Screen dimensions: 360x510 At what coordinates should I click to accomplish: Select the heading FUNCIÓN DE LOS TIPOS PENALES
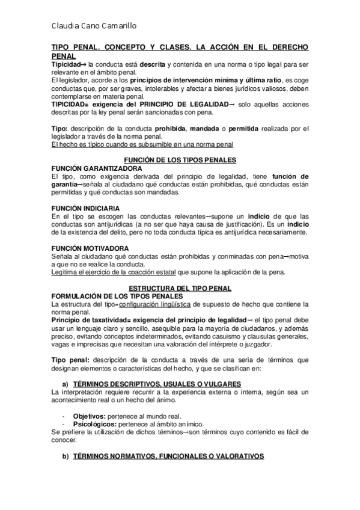[179, 159]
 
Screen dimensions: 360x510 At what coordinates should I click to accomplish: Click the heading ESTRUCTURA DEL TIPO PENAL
[179, 288]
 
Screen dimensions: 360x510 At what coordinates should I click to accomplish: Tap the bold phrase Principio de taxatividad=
[92, 319]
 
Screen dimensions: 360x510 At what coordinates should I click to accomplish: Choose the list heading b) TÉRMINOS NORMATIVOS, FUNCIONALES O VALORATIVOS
[162, 456]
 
